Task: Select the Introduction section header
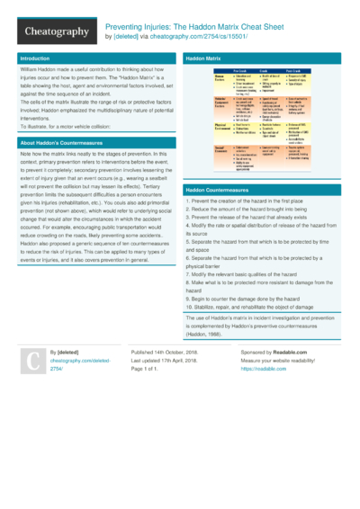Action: (35, 58)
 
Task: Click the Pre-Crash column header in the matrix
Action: (240, 69)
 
